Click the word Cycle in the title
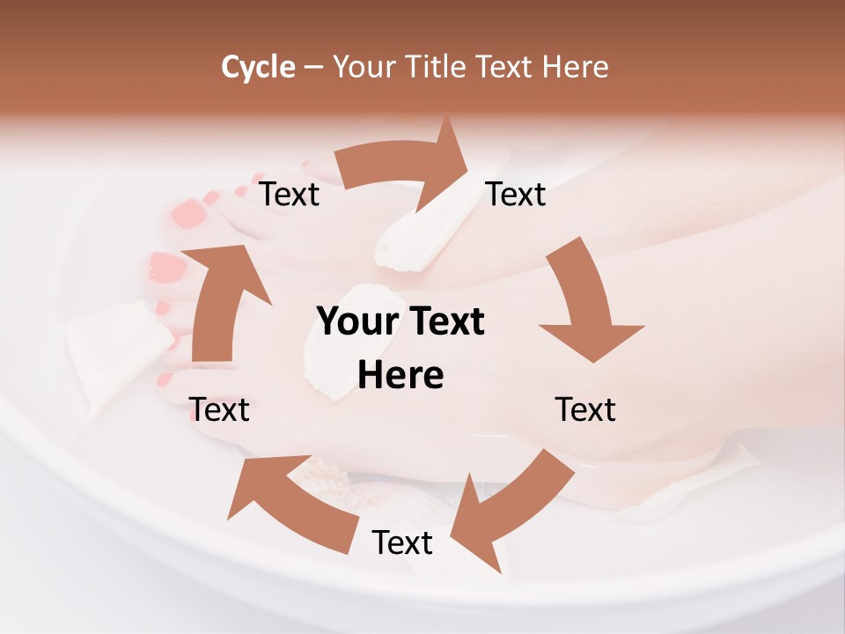point(258,67)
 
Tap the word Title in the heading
point(437,67)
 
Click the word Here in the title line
point(576,67)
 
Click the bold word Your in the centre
point(356,322)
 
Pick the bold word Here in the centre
point(400,376)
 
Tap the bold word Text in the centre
point(443,322)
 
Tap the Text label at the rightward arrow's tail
point(290,195)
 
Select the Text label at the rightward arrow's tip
point(516,195)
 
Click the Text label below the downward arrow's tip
point(585,409)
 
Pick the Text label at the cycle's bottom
point(402,543)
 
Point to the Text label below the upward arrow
point(219,409)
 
